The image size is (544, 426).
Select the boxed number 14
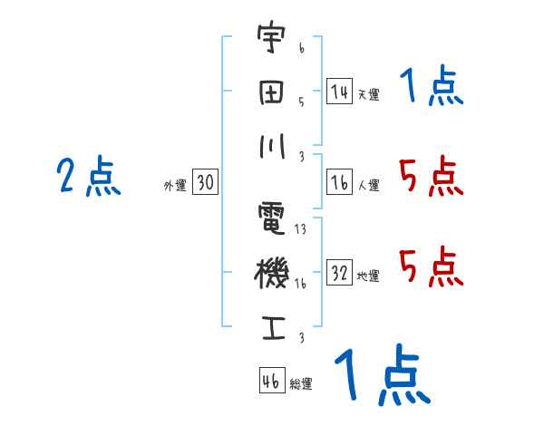[339, 92]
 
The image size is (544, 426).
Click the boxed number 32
[339, 273]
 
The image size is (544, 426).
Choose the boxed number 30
[206, 183]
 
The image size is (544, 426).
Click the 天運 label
[368, 94]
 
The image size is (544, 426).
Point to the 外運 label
[174, 186]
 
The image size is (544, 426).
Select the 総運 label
[301, 384]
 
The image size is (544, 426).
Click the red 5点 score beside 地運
[431, 266]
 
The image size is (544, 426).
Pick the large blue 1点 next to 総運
[381, 376]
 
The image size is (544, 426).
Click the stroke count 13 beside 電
[301, 229]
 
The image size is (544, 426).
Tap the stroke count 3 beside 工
[301, 337]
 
